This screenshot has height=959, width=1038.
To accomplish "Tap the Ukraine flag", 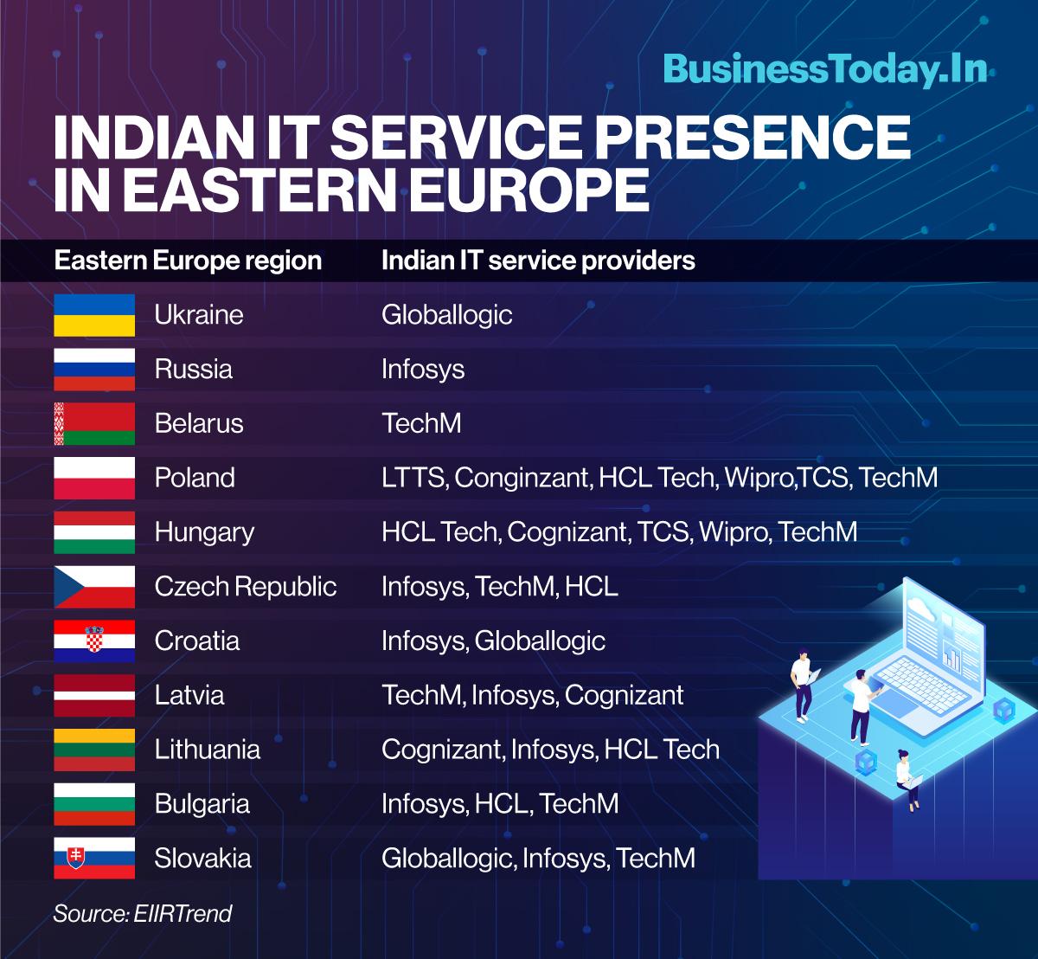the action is [x=94, y=315].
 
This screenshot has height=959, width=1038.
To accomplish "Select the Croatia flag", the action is [x=94, y=640].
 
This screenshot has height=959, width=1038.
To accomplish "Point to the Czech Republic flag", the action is [x=94, y=587].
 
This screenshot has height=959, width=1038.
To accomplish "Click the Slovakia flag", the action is [x=94, y=858].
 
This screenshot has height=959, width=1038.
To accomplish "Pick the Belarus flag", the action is [x=94, y=424].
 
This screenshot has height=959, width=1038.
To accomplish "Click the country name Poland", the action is [x=195, y=478].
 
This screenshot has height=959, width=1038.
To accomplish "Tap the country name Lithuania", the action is [x=207, y=750].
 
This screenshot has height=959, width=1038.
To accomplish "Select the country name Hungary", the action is [x=204, y=533].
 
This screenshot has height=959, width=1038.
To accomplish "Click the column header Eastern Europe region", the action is [x=188, y=261].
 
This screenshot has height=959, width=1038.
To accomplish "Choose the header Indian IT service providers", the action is [x=538, y=261].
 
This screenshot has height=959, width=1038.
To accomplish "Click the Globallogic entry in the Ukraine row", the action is [x=447, y=315].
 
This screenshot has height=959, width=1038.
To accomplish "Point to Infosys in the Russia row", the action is [x=423, y=370].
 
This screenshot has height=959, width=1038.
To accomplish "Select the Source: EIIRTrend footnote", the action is [x=142, y=913].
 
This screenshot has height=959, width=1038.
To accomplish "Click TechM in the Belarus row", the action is [x=421, y=424].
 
